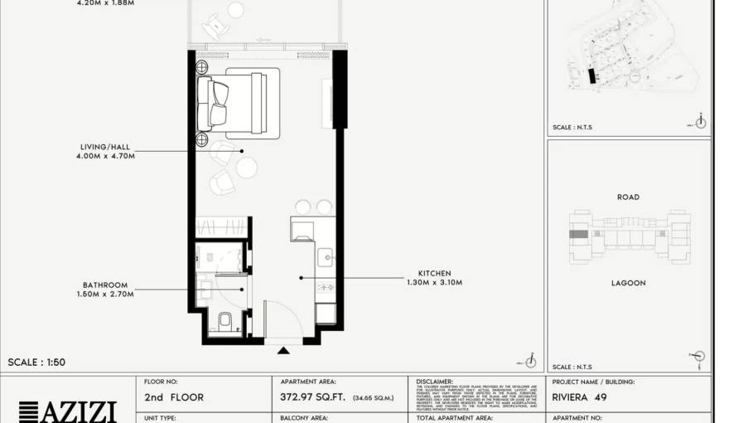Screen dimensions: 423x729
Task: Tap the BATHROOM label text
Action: pyautogui.click(x=105, y=285)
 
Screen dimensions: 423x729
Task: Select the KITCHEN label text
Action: pyautogui.click(x=434, y=273)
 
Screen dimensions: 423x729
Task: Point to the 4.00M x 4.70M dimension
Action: pyautogui.click(x=107, y=155)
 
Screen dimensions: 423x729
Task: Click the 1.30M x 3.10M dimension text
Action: pyautogui.click(x=434, y=282)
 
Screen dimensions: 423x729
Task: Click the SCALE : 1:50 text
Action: pyautogui.click(x=36, y=362)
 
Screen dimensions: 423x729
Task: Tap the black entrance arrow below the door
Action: pyautogui.click(x=283, y=350)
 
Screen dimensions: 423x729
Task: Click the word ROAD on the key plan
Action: pyautogui.click(x=628, y=197)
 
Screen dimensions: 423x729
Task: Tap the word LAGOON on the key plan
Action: pyautogui.click(x=629, y=283)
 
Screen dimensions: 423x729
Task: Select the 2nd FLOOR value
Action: pyautogui.click(x=174, y=397)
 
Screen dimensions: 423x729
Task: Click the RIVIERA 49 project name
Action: pyautogui.click(x=579, y=397)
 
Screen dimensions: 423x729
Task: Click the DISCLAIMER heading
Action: pyautogui.click(x=434, y=382)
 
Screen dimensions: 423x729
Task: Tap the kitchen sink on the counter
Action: pyautogui.click(x=325, y=255)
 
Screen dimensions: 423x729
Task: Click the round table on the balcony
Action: pyautogui.click(x=235, y=10)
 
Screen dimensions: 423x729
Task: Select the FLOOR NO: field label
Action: pyautogui.click(x=161, y=382)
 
